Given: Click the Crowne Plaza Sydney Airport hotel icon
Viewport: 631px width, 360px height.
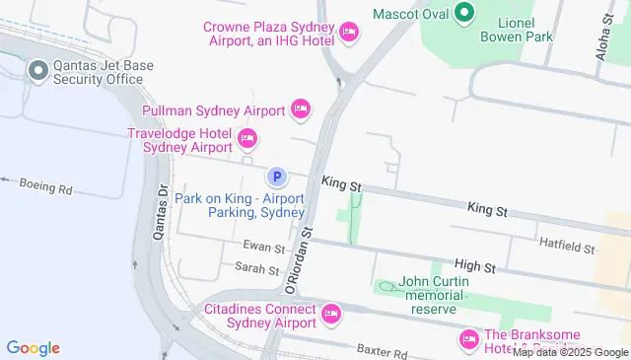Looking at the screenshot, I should pos(348,33).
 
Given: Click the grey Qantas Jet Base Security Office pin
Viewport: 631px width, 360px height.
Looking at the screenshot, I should pos(37,70).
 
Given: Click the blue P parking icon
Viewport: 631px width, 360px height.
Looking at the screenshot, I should pos(278,178).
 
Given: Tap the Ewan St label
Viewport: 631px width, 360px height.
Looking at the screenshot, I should pos(264,248).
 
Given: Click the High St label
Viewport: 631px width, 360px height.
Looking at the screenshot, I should pos(474,265).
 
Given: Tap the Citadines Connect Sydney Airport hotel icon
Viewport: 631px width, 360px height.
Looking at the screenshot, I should pos(330,315).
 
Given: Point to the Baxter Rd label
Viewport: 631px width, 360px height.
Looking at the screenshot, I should pos(382,351).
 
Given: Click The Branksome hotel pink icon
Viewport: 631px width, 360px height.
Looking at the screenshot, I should pos(468,339).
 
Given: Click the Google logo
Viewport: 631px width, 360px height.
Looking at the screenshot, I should pos(34,347).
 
